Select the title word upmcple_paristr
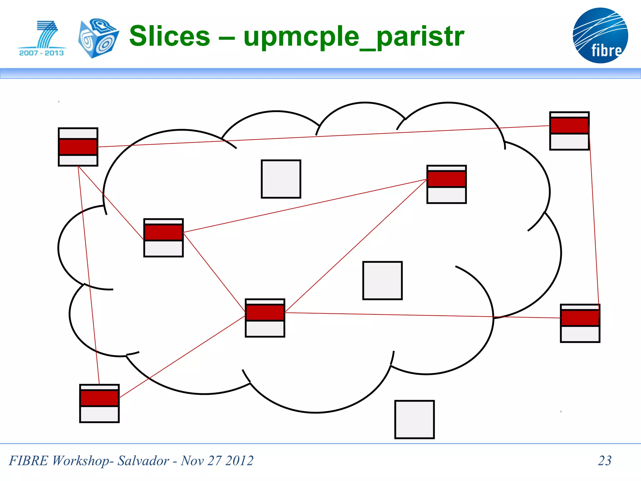[354, 37]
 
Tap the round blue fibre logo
[600, 35]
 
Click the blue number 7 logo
[47, 34]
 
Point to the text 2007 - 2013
[41, 53]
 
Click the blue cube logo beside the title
[98, 38]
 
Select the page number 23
[604, 460]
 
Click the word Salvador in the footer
[143, 461]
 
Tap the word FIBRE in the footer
[28, 461]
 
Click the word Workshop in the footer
[80, 461]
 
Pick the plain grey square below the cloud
[414, 419]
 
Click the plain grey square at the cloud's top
[281, 179]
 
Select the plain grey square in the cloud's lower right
[382, 281]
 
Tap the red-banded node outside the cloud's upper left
[78, 147]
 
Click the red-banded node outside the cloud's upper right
[569, 131]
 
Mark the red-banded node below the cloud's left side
[99, 403]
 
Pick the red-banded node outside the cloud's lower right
[580, 323]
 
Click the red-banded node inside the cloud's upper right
[446, 184]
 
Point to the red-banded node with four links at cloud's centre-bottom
[265, 318]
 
